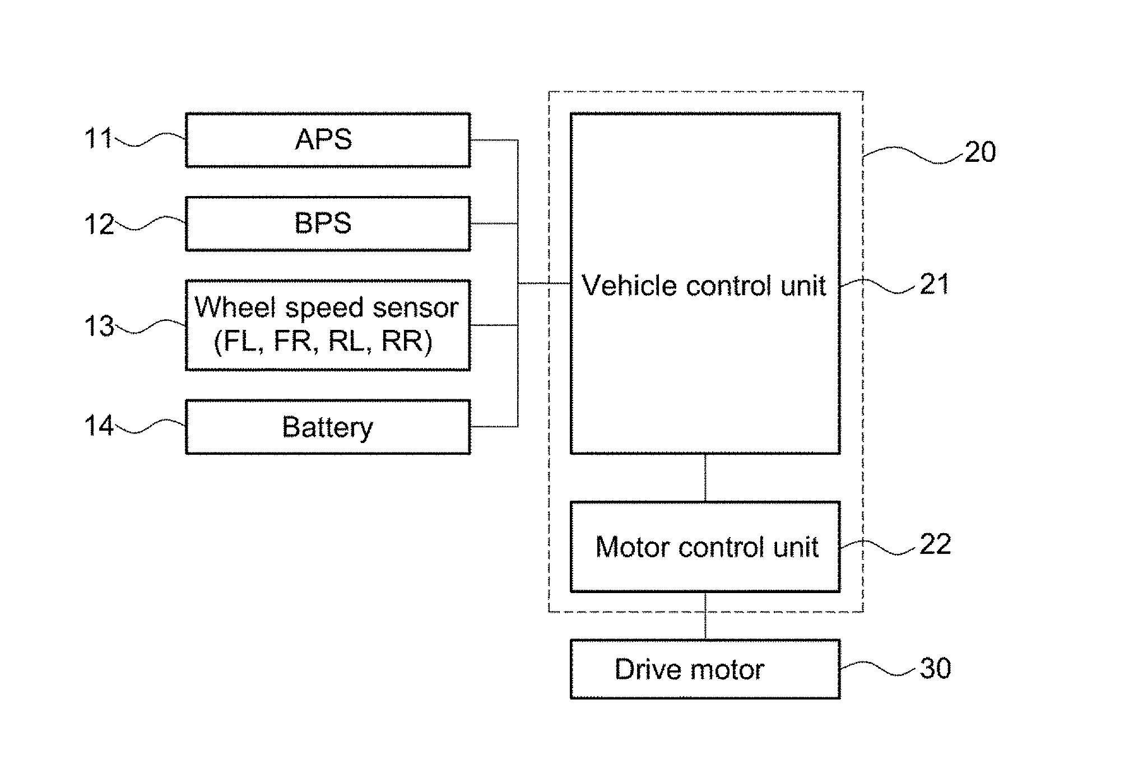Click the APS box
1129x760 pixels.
tap(328, 140)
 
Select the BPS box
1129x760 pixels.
tap(328, 223)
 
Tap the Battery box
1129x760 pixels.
tap(328, 427)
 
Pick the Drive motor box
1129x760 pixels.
tap(705, 669)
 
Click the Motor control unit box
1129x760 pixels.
tap(705, 547)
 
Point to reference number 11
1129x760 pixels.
tap(98, 138)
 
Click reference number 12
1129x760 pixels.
tap(99, 225)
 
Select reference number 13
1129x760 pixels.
tap(99, 326)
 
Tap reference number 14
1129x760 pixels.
tap(99, 426)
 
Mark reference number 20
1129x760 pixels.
tap(980, 152)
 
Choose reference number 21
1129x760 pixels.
tap(935, 285)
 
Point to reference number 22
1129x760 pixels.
tap(935, 544)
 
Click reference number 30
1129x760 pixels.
tap(935, 669)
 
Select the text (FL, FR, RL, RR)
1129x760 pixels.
tap(323, 341)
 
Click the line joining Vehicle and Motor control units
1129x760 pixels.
tap(705, 478)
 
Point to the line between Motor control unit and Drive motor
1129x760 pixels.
tap(705, 616)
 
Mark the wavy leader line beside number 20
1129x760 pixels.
tap(913, 154)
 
